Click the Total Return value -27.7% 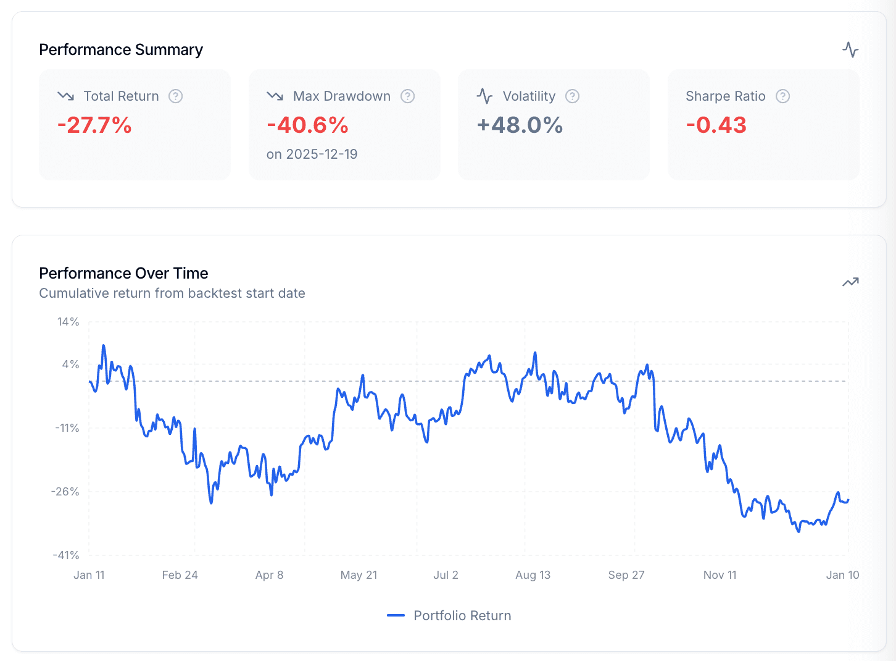point(94,125)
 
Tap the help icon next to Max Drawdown point(407,96)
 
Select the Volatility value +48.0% point(520,125)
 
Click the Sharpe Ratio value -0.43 point(716,125)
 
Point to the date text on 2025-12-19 point(312,154)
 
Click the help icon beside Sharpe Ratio point(782,96)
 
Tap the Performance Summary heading point(121,49)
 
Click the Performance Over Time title point(123,273)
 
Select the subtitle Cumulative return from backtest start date point(172,293)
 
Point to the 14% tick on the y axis point(68,322)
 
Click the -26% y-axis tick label point(65,492)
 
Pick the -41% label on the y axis point(65,555)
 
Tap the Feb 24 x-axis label point(180,575)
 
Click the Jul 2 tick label point(446,575)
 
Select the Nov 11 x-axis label point(720,575)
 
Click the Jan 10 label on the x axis point(842,575)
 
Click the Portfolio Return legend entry point(449,616)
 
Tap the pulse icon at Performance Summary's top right point(850,49)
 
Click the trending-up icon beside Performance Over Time point(850,282)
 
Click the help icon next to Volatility point(572,96)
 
